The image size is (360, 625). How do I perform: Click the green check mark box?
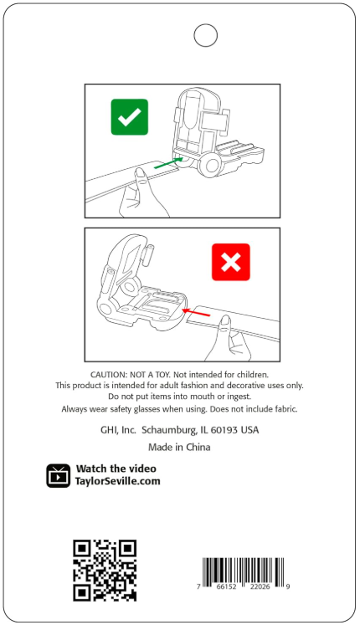(x=130, y=117)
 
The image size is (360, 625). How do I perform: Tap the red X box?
(x=231, y=262)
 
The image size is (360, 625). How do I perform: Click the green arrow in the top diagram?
(x=168, y=162)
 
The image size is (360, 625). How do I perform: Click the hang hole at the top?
(x=205, y=35)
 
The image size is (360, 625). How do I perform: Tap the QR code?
(x=105, y=571)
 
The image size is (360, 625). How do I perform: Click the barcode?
(x=243, y=574)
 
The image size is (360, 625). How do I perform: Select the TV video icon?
(x=59, y=475)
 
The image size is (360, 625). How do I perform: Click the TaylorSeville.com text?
(x=117, y=481)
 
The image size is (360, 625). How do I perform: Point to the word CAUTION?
(x=109, y=375)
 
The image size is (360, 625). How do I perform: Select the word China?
(x=198, y=448)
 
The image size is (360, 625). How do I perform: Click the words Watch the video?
(x=116, y=469)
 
